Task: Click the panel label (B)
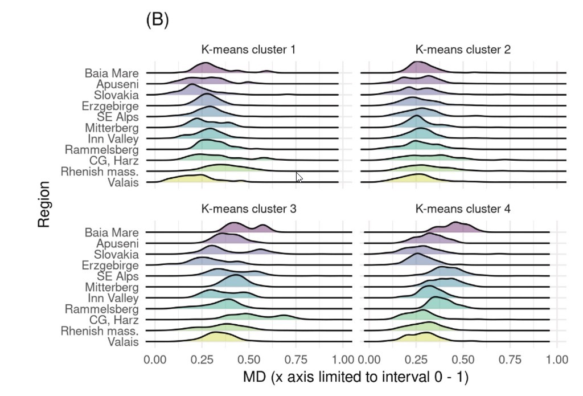(x=157, y=21)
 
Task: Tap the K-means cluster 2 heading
(x=463, y=50)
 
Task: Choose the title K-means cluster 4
(x=463, y=209)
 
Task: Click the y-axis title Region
(x=44, y=205)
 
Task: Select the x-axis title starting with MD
(x=355, y=377)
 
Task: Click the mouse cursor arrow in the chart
(x=298, y=177)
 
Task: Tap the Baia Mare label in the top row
(x=112, y=73)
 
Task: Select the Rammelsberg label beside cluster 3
(x=102, y=309)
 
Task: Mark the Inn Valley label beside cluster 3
(x=113, y=298)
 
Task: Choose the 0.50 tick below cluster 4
(x=463, y=360)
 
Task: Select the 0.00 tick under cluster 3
(x=155, y=360)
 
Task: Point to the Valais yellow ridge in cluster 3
(x=215, y=337)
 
